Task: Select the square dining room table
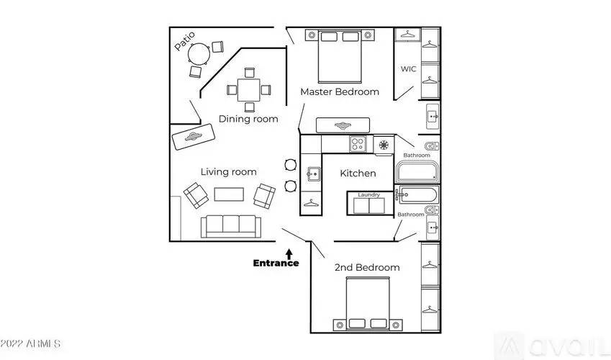point(248,90)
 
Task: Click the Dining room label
point(248,119)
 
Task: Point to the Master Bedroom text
point(339,91)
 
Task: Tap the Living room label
point(228,171)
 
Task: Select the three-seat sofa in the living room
point(230,225)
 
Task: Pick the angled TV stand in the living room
point(193,136)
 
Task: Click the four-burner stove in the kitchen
point(358,144)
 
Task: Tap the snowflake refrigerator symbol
point(384,145)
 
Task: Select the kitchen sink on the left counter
point(312,174)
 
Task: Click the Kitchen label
point(358,174)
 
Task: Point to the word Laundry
point(368,194)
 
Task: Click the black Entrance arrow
point(289,253)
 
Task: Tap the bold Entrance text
point(276,263)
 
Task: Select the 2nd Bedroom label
point(366,267)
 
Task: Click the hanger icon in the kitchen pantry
point(311,204)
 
